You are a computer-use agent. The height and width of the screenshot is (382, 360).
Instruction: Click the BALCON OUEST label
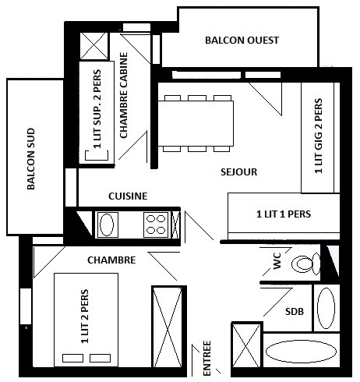point(242,41)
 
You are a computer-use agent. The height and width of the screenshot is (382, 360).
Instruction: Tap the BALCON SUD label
point(31,159)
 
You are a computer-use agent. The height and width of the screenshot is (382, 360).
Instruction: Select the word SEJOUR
point(238,172)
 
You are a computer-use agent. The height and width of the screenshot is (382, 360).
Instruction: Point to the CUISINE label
point(128,196)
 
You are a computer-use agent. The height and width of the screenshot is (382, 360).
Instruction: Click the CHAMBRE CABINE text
point(124,95)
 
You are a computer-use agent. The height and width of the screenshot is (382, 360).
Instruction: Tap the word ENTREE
point(206,358)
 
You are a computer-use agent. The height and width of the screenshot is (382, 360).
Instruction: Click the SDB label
point(295,312)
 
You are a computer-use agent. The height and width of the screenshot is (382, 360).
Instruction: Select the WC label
point(277,260)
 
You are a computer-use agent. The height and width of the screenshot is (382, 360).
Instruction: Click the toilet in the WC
point(305,264)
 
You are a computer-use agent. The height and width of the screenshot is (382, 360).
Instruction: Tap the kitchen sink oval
point(107,225)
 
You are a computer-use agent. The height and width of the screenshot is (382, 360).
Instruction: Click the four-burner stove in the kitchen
point(156,225)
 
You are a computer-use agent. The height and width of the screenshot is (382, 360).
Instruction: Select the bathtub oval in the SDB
point(301,352)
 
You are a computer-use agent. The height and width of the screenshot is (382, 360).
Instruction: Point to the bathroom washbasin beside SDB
point(326,308)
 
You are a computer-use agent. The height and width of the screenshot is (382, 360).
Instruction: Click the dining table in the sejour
point(196,123)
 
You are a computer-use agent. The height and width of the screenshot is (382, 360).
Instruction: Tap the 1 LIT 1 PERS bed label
point(284,214)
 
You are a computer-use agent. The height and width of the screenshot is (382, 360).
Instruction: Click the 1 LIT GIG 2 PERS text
point(319,136)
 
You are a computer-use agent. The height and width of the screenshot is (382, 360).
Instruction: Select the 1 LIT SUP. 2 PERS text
point(97,109)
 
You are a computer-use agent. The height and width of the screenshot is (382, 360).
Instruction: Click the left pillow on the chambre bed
point(73,358)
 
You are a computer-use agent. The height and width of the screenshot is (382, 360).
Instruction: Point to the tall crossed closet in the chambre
point(169,327)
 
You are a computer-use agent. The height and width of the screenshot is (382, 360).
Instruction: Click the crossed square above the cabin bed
point(94,46)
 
